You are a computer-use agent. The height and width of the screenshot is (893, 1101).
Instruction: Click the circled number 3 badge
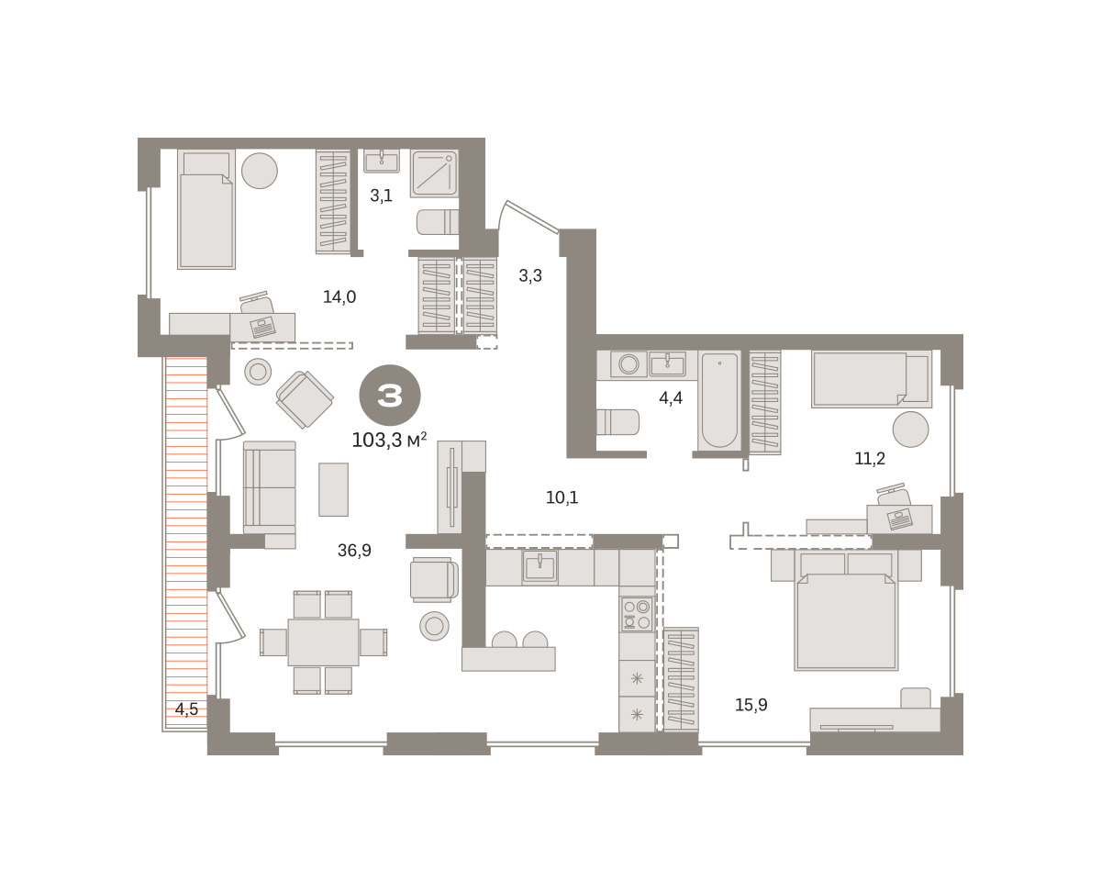point(390,395)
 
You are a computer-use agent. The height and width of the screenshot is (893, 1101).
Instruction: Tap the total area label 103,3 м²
point(389,440)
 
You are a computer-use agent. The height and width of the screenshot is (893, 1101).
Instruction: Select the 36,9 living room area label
point(354,550)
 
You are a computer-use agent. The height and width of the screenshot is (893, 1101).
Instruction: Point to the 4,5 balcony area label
point(186,709)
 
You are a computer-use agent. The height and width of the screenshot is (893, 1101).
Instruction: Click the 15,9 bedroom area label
point(751,704)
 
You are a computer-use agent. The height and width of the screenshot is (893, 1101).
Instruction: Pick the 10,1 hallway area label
point(562,497)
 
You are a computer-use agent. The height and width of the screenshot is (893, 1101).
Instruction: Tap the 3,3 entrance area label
point(530,275)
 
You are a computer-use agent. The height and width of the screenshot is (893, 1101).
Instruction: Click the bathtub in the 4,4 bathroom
point(719,400)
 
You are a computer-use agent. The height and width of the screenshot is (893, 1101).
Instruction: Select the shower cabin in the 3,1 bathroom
point(434,173)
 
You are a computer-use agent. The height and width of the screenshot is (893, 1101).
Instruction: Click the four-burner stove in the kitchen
point(637,614)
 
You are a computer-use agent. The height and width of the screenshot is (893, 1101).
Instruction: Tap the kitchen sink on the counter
point(539,566)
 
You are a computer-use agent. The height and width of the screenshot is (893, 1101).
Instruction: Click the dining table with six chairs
point(323,642)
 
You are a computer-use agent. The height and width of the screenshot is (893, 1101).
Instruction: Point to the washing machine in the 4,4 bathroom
point(628,364)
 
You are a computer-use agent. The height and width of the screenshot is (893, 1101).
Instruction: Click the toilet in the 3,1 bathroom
point(438,222)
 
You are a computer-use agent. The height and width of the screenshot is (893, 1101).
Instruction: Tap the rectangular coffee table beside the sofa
point(333,489)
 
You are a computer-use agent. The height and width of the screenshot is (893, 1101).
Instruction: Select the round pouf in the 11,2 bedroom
point(910,430)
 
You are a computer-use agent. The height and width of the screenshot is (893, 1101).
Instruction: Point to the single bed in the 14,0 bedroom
point(206,209)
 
